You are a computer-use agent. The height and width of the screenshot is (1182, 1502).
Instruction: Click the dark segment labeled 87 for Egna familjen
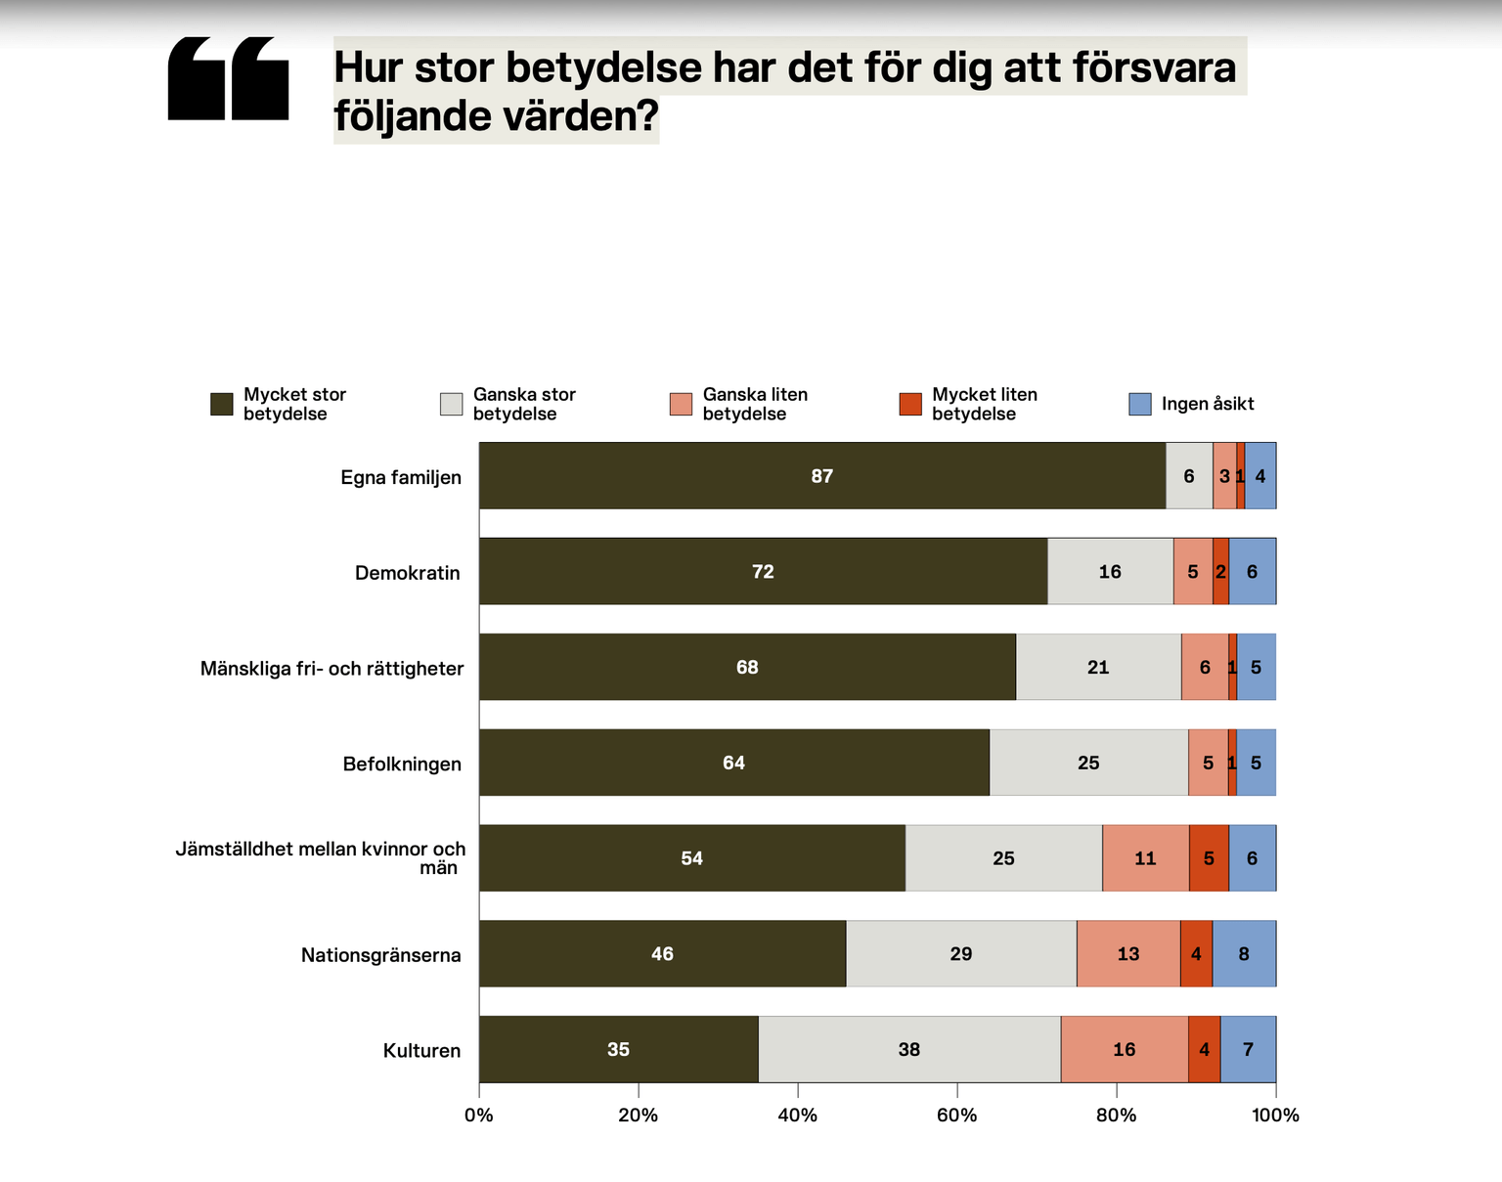coord(821,476)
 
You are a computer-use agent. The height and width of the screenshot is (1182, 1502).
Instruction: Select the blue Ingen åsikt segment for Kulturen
coord(1248,1049)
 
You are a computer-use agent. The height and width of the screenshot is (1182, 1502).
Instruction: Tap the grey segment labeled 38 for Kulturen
coord(908,1049)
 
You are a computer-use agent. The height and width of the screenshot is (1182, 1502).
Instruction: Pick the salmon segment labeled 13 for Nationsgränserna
coord(1127,953)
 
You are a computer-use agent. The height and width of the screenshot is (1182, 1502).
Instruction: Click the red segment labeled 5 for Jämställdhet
coord(1209,857)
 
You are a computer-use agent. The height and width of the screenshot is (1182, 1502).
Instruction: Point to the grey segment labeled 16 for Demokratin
coord(1110,571)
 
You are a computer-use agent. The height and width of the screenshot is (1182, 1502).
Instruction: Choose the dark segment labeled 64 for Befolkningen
coord(733,763)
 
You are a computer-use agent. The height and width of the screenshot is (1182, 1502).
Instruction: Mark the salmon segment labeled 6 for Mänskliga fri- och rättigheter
coord(1204,667)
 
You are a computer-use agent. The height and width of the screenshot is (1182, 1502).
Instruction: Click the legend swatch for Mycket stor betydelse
coord(222,404)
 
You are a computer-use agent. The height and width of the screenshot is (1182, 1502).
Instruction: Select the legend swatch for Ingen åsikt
coord(1140,404)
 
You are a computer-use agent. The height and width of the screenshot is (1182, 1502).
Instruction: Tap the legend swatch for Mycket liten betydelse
coord(910,404)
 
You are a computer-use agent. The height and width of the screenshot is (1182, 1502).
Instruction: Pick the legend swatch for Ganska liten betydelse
coord(681,404)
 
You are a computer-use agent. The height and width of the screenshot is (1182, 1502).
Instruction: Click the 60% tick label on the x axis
coord(956,1116)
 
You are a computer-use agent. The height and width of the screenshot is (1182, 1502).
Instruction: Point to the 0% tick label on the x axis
coord(479,1116)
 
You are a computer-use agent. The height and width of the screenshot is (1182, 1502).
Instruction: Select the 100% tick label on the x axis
coord(1275,1116)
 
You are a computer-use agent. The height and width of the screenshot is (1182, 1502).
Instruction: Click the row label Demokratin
coord(407,573)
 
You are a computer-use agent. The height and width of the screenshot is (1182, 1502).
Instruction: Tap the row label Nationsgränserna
coord(380,955)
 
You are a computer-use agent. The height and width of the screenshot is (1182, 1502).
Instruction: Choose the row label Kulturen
coord(421,1051)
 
